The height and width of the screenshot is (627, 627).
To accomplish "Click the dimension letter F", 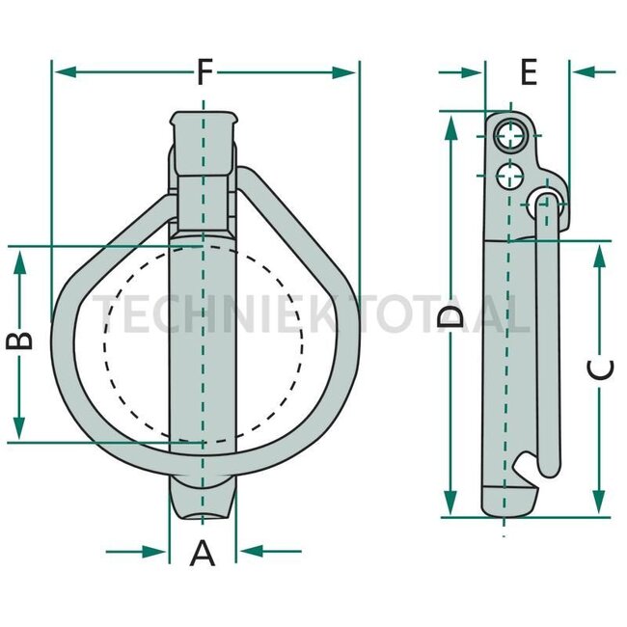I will tap(204, 72).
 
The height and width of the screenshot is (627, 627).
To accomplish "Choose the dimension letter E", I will tap(527, 72).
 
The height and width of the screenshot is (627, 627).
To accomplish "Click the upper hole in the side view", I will tap(510, 137).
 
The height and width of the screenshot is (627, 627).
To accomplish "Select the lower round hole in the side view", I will tap(507, 175).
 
